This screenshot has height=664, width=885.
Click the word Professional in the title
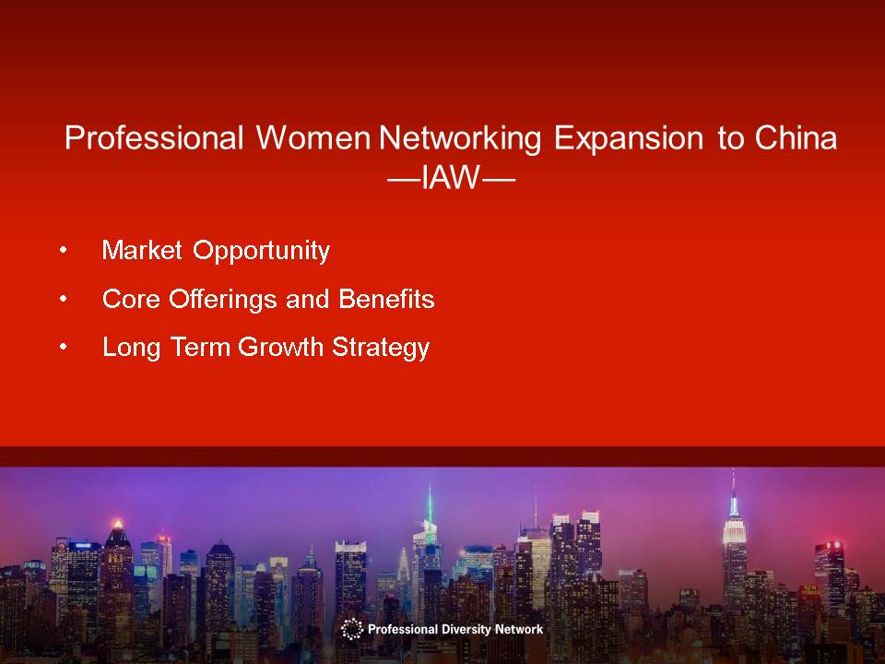coord(154,137)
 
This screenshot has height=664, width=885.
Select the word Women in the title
coord(313,137)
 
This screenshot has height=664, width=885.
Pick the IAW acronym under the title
coord(451,178)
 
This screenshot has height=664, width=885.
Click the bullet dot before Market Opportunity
coord(64,250)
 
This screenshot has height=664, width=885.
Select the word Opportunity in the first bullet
coord(261,251)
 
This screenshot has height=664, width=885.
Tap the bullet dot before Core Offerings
coord(64,298)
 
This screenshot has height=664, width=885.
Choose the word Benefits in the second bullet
coord(386,298)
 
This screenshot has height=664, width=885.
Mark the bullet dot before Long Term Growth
coord(64,347)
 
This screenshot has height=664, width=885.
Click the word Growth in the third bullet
coord(280,347)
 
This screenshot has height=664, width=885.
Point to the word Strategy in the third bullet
coord(381,348)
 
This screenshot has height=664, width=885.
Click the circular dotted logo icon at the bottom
coord(351,629)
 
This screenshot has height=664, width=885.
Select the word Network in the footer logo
coord(519,629)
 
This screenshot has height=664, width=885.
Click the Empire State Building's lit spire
coord(733,497)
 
